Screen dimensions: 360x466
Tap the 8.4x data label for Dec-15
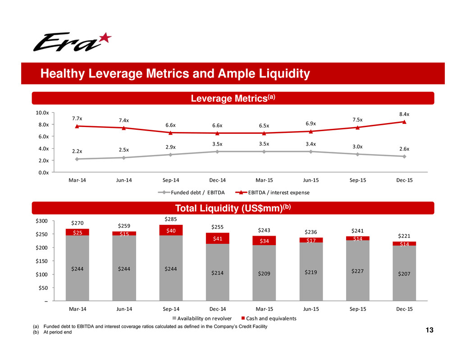click(405, 115)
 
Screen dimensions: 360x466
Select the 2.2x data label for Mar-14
click(77, 151)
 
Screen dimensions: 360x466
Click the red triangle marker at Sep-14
click(170, 132)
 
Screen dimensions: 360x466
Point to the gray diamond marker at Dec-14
click(217, 151)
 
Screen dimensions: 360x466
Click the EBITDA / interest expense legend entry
click(270, 193)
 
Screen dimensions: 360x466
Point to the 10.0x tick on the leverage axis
click(41, 113)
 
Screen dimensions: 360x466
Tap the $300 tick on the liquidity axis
click(41, 221)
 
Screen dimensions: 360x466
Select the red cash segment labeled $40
click(170, 230)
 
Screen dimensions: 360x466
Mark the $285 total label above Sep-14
click(170, 219)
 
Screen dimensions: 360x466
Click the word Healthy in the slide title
click(58, 74)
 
